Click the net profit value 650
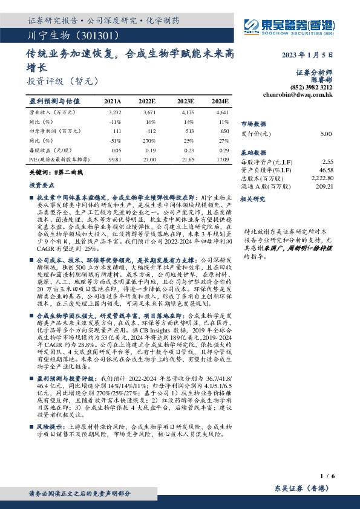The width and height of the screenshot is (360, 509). (x=224, y=131)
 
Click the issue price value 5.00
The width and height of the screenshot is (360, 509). (x=326, y=134)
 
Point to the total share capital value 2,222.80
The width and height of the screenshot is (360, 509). (x=321, y=179)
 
